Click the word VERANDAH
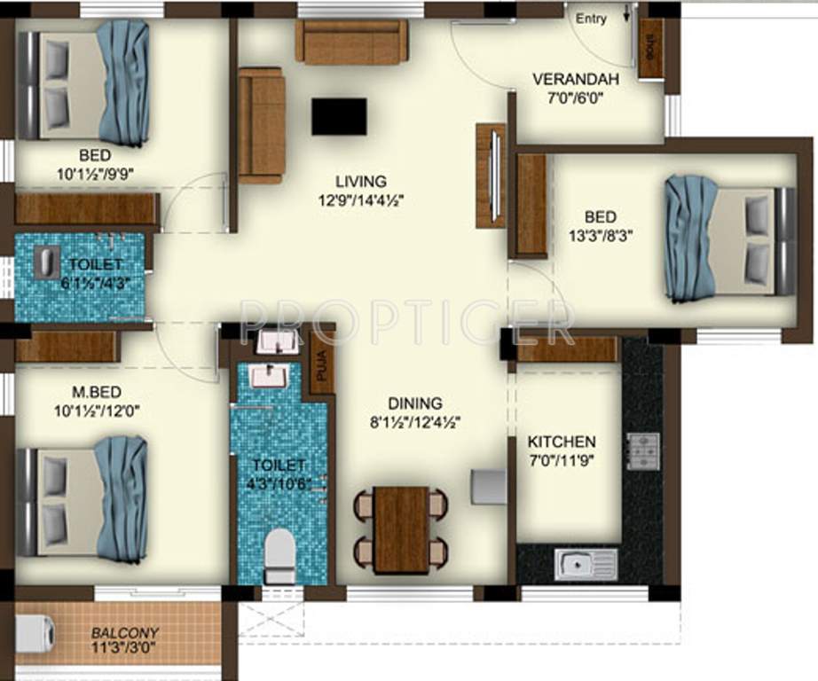(x=575, y=80)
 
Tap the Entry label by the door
(x=591, y=19)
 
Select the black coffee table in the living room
(x=339, y=116)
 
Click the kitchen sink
(x=586, y=564)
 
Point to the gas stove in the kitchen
(x=643, y=450)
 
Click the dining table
(x=401, y=529)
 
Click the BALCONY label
(x=125, y=633)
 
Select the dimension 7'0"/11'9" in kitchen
(x=562, y=460)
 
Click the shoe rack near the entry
(x=651, y=49)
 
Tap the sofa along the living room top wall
(x=351, y=42)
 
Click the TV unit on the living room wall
(x=490, y=176)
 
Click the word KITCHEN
(x=562, y=442)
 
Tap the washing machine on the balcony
(x=35, y=633)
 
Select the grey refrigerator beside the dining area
(x=488, y=487)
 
